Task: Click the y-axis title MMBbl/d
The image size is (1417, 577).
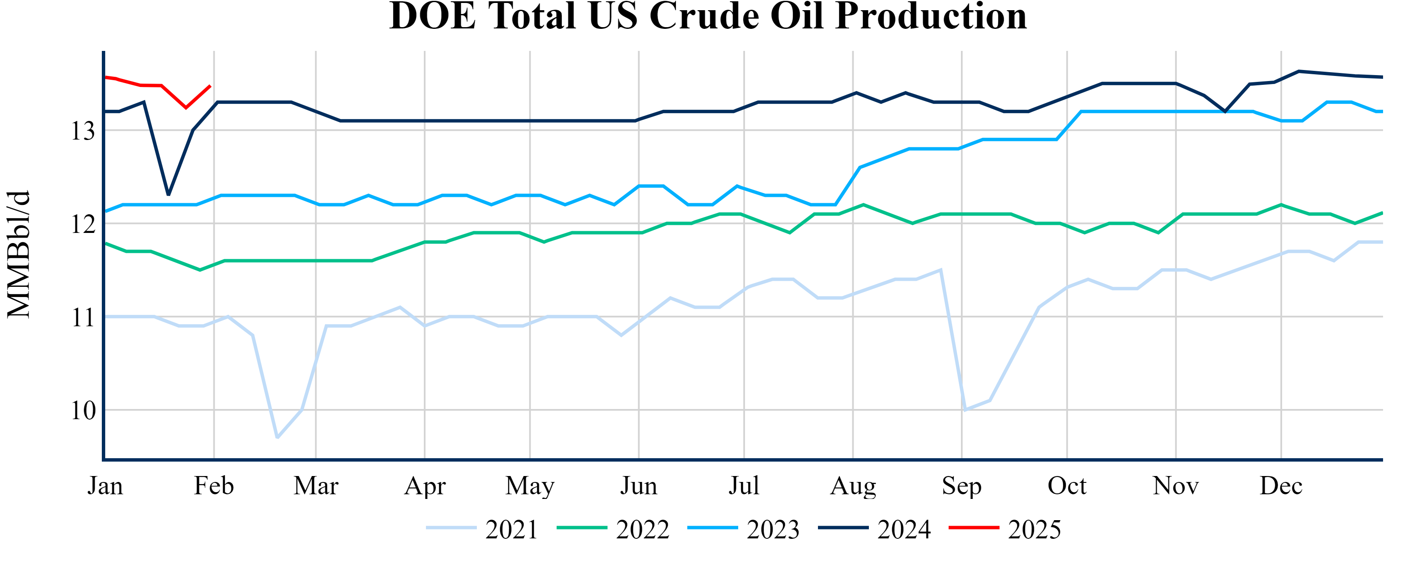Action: click(19, 254)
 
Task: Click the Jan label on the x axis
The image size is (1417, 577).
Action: click(105, 486)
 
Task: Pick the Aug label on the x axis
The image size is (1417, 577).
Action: click(853, 486)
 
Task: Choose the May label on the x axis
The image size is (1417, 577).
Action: click(530, 486)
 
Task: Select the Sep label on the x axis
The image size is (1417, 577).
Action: click(961, 486)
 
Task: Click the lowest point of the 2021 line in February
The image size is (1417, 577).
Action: click(277, 438)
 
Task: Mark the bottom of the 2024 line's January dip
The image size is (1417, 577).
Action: click(168, 195)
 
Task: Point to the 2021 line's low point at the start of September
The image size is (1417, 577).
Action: click(965, 410)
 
